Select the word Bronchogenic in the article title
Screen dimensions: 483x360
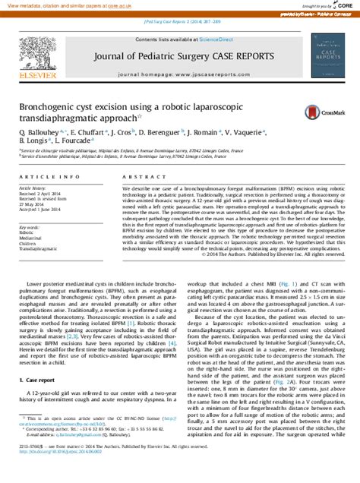click(49, 108)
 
